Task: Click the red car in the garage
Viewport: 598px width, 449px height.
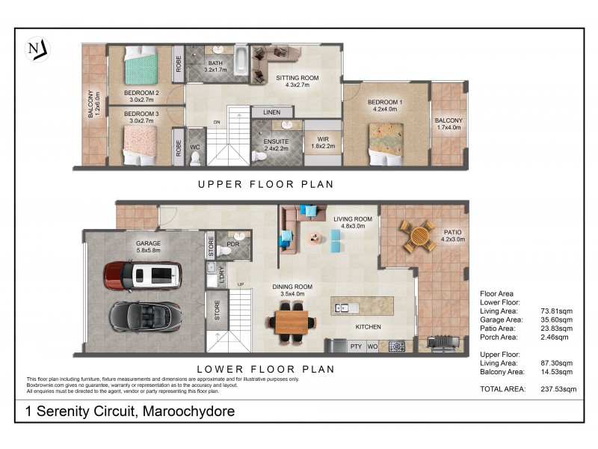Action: (x=141, y=276)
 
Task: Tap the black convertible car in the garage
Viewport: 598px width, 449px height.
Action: (x=145, y=315)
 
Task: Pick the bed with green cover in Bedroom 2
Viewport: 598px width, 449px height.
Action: (x=142, y=67)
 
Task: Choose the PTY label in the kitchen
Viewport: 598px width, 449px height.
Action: (x=356, y=346)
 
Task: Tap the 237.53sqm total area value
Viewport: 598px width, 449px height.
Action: (x=558, y=389)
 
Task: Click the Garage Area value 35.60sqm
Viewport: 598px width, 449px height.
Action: (x=557, y=319)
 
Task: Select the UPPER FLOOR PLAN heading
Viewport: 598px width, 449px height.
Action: (x=265, y=183)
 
